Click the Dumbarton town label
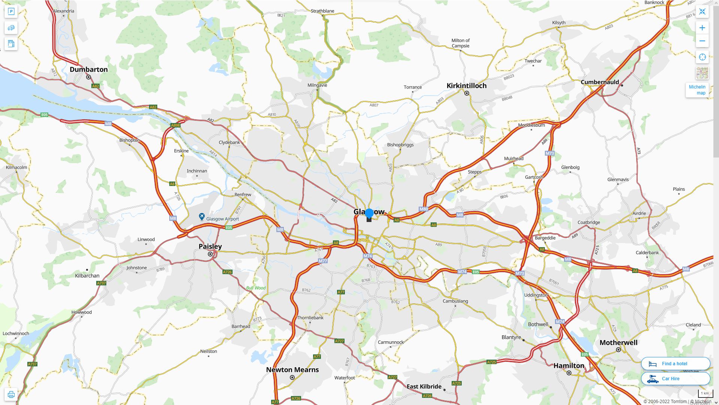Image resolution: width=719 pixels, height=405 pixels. coord(88,69)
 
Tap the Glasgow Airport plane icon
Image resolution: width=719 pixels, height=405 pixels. coord(202,217)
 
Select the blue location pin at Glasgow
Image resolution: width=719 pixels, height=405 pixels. coord(369,213)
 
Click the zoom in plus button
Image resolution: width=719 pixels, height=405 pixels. coord(702,28)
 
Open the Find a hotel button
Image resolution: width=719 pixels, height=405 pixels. coord(675,363)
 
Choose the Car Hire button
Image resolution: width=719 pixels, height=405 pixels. coord(675,378)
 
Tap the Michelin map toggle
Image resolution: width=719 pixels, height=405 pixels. coord(697,90)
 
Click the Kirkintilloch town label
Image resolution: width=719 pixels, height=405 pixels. coord(466,85)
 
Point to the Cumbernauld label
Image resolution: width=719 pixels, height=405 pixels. coord(600,82)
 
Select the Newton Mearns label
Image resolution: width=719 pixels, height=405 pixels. coord(292,370)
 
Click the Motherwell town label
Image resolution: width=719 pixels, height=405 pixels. coord(618,343)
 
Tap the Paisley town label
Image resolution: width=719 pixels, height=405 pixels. coord(210,246)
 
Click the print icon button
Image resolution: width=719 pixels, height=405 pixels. coord(11,394)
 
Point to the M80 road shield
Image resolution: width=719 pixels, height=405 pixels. coord(424,209)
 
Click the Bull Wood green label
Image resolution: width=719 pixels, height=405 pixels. coord(256,288)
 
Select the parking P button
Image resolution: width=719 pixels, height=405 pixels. coord(11,12)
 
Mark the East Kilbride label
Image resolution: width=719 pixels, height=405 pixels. coord(424,386)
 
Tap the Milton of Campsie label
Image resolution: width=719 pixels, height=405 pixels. coord(460,43)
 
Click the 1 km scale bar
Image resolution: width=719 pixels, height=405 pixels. coord(705,394)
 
